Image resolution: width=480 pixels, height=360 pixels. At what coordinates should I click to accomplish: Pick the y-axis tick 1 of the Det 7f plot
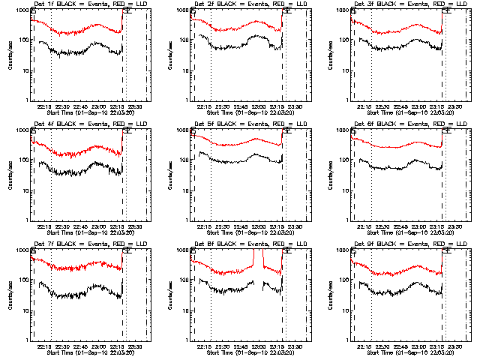click(27, 340)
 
